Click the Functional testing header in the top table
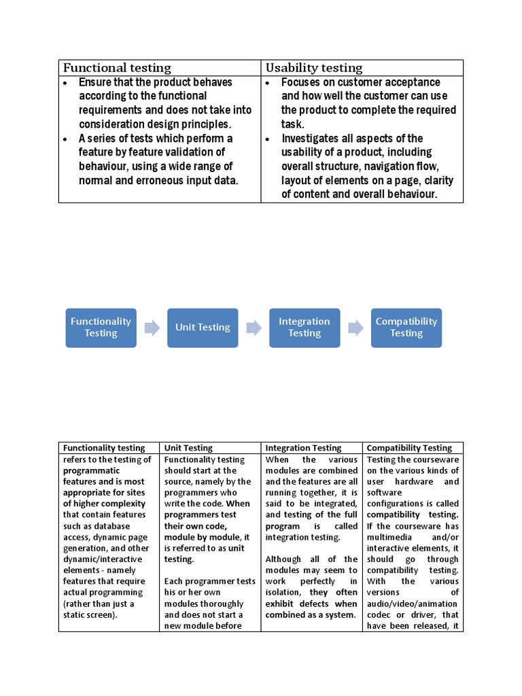(x=117, y=67)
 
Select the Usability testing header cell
(x=314, y=67)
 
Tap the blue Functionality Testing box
(x=101, y=327)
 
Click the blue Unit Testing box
(x=203, y=327)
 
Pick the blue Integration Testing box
(x=304, y=327)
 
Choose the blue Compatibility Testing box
(x=406, y=327)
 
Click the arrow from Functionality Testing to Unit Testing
(x=152, y=328)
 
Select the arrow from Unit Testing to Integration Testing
(x=254, y=328)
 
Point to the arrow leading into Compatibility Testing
(x=355, y=328)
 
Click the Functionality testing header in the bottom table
(x=104, y=448)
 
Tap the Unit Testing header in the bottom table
(x=188, y=448)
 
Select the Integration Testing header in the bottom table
(x=303, y=448)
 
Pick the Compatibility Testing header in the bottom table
(x=408, y=448)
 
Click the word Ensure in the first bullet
(x=94, y=82)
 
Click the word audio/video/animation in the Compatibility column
(x=412, y=604)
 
